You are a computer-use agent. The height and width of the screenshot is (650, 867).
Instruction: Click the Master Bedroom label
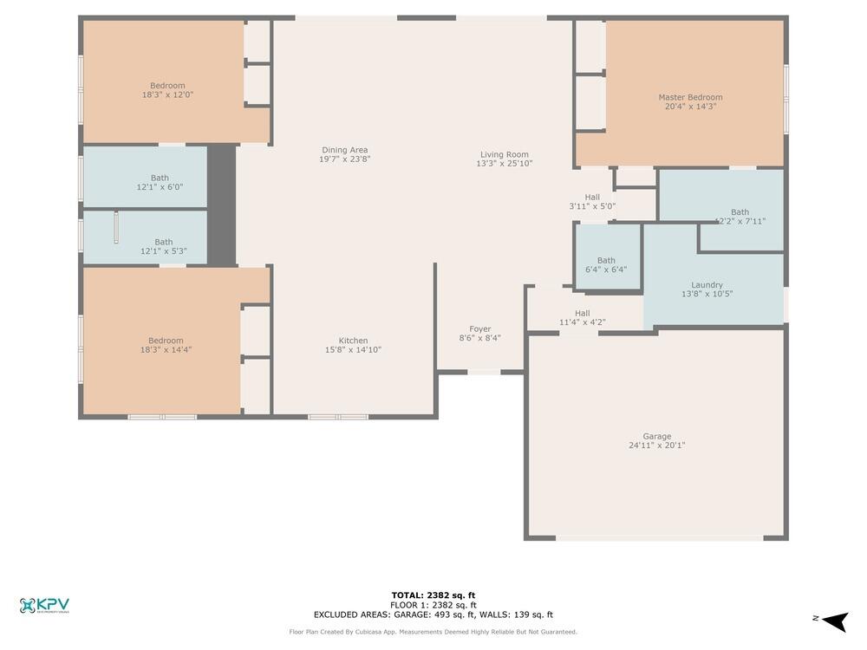tap(690, 97)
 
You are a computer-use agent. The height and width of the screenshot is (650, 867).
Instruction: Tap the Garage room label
tap(656, 437)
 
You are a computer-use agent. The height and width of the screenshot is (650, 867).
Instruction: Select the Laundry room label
tap(707, 285)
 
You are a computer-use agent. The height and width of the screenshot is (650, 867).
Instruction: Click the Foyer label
tap(479, 329)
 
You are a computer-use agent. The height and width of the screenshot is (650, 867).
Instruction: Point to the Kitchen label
tap(353, 341)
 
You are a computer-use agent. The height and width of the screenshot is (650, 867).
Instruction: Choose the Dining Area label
tap(345, 150)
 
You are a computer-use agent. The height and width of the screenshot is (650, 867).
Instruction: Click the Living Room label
tap(504, 154)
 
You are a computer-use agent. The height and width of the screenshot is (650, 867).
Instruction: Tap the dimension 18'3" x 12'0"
tap(167, 94)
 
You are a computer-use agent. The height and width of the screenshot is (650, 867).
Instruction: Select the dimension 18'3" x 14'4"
tap(166, 350)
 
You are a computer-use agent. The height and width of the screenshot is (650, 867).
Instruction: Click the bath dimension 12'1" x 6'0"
tap(160, 187)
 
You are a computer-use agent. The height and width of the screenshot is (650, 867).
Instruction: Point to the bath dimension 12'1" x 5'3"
tap(163, 251)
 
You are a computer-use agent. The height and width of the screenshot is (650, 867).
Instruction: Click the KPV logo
tap(44, 606)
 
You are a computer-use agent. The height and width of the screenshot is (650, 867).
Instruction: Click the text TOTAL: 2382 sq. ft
tap(433, 595)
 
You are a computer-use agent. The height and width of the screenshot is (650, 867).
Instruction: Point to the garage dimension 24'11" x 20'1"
tap(656, 445)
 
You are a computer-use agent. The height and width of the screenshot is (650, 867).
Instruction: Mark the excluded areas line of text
tap(433, 614)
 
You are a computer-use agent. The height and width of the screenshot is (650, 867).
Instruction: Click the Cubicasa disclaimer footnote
tap(433, 632)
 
